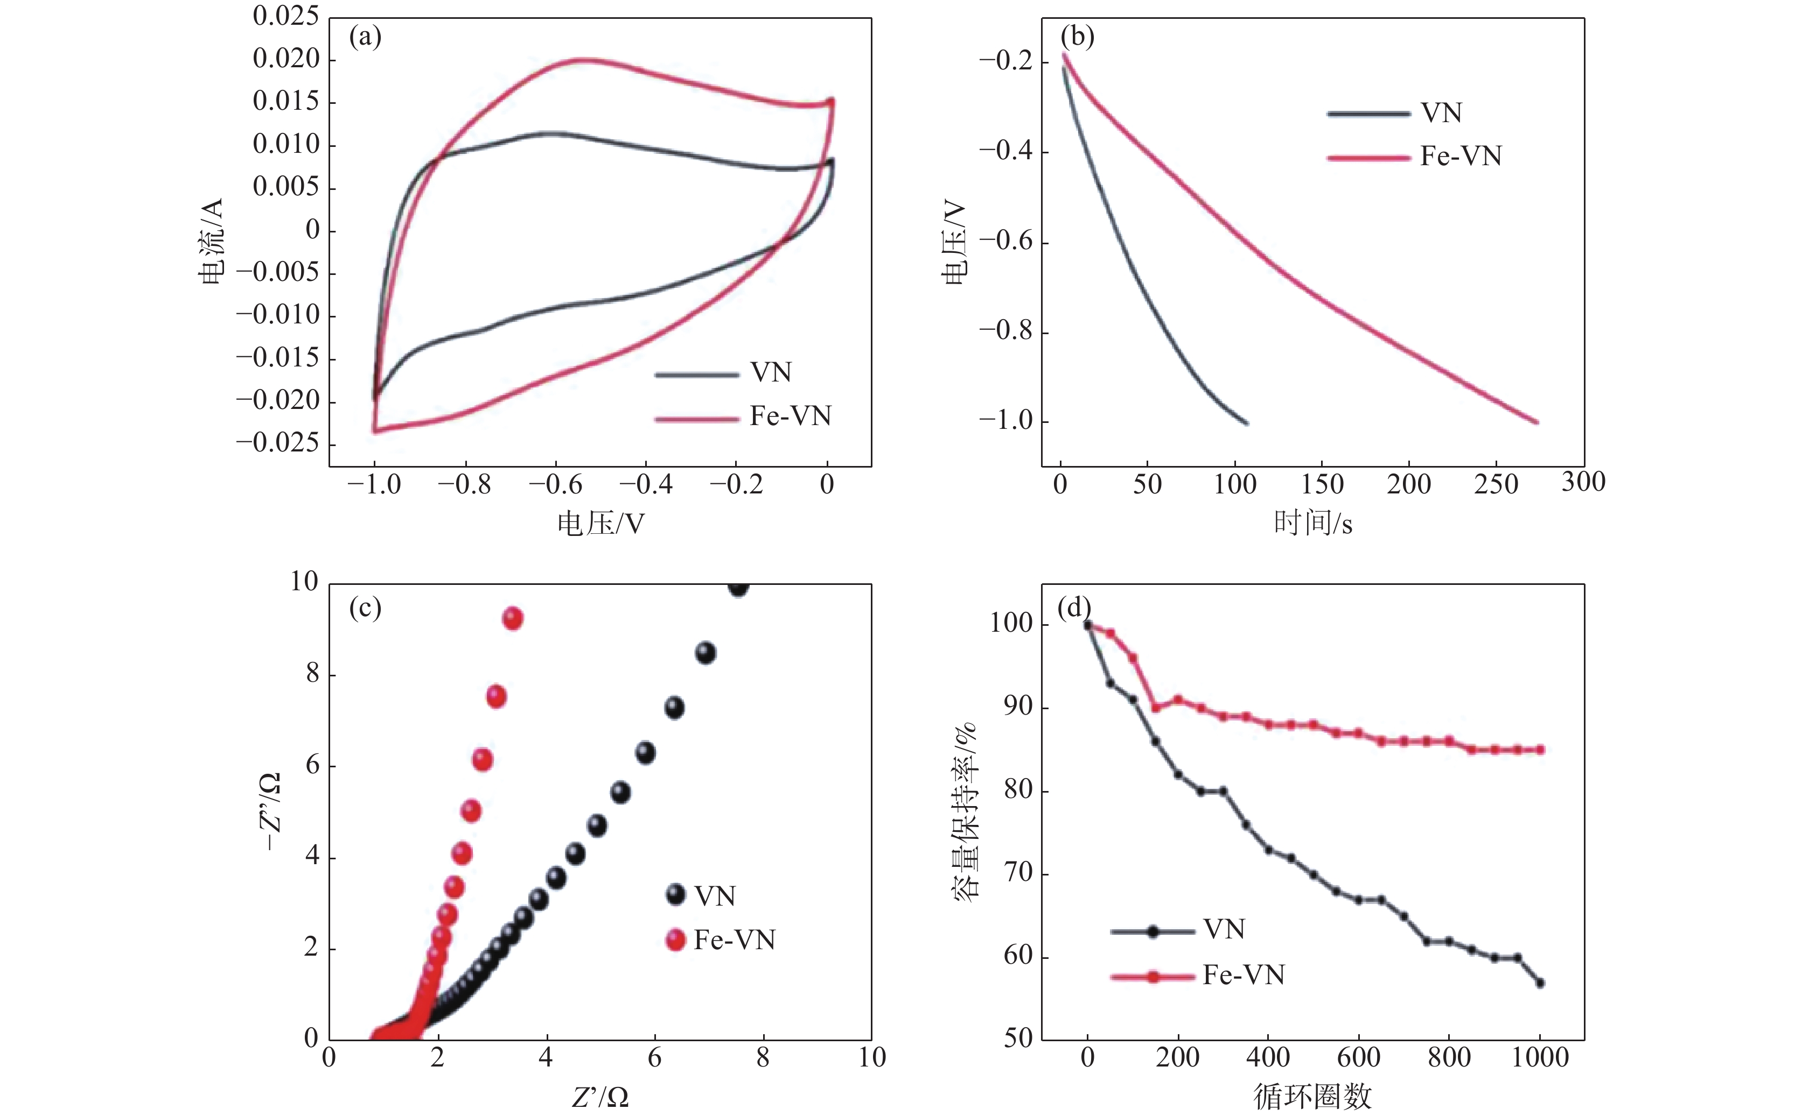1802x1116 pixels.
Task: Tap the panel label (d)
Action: click(1074, 608)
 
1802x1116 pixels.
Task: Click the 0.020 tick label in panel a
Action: click(286, 59)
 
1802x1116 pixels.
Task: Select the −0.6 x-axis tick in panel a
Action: click(555, 485)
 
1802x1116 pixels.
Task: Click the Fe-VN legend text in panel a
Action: click(790, 416)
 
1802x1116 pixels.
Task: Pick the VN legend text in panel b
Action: click(1441, 113)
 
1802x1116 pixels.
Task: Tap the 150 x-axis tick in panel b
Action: click(1322, 485)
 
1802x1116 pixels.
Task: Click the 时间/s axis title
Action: click(1313, 524)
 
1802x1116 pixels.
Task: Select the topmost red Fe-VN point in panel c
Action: click(513, 618)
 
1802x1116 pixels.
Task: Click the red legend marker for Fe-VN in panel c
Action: click(675, 940)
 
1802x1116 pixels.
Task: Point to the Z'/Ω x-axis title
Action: click(600, 1098)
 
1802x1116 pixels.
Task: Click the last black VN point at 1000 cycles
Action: click(1540, 983)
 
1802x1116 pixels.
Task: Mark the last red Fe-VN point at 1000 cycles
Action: click(1540, 750)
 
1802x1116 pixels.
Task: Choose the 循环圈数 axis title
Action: click(1312, 1097)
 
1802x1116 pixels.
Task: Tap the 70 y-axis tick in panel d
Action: click(1018, 874)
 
